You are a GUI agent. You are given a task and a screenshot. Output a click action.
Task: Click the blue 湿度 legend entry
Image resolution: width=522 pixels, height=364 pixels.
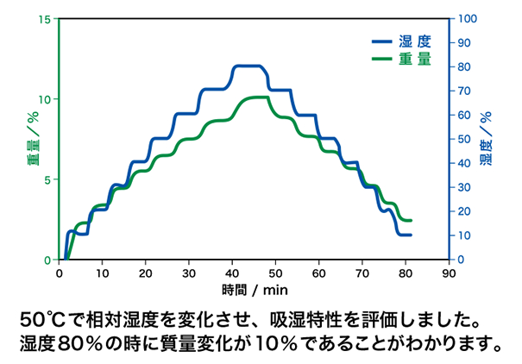click(401, 41)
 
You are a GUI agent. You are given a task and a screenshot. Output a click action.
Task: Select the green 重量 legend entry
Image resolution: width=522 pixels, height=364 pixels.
click(401, 59)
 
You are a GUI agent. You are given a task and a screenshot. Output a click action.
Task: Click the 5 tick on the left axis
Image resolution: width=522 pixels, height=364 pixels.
click(49, 179)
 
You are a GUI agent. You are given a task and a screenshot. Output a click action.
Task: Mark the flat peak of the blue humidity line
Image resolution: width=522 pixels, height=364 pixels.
click(248, 66)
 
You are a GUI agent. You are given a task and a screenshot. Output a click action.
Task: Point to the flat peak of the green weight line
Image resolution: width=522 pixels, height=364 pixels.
click(258, 97)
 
